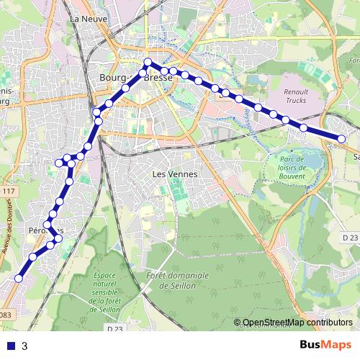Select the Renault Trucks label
pyautogui.click(x=296, y=96)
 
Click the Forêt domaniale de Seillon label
pyautogui.click(x=177, y=280)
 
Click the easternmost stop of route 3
pyautogui.click(x=341, y=139)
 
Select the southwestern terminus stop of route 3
pyautogui.click(x=19, y=279)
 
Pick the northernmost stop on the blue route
pyautogui.click(x=147, y=62)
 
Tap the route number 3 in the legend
pyautogui.click(x=25, y=346)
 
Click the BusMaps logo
pyautogui.click(x=325, y=345)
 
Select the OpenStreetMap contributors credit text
pyautogui.click(x=297, y=323)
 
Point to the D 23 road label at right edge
pyautogui.click(x=350, y=237)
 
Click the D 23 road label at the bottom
pyautogui.click(x=114, y=329)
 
